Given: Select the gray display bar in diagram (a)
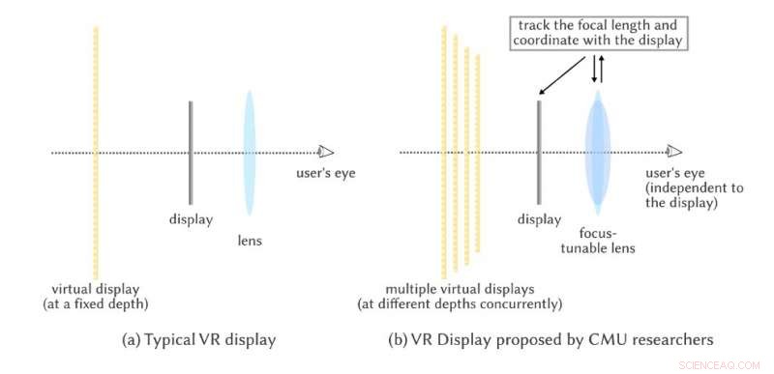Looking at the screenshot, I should (192, 152).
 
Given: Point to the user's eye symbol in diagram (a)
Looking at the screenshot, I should (327, 152).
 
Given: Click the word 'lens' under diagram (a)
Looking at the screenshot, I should (251, 242).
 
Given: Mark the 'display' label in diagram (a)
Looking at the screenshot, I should (192, 219).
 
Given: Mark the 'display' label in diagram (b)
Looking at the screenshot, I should (539, 219).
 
